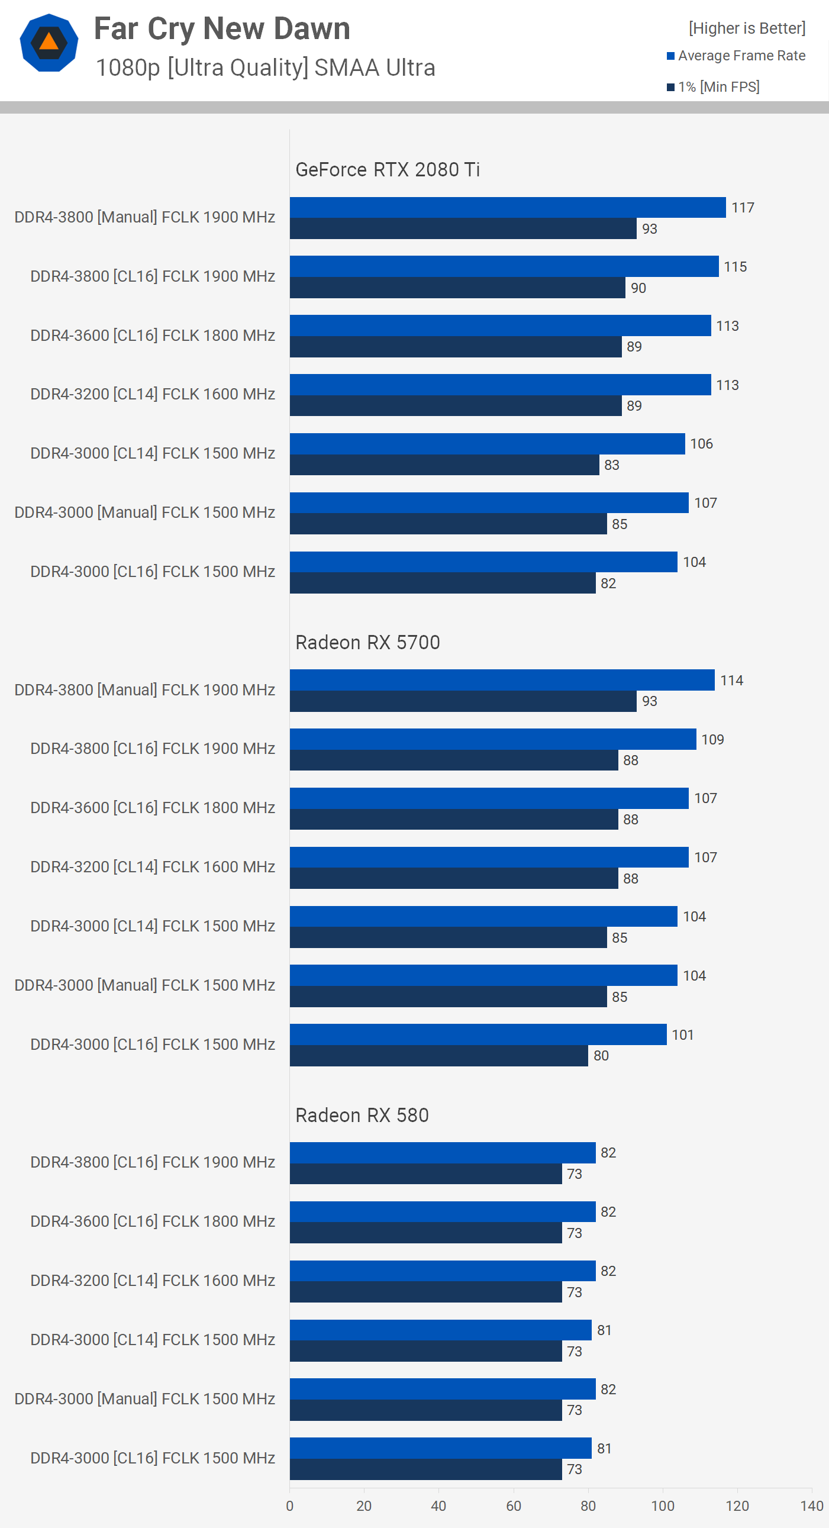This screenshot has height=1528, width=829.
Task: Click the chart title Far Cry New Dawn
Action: click(222, 28)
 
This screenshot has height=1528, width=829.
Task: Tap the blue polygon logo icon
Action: click(49, 43)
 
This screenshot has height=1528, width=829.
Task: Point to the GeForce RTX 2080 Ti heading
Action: click(387, 170)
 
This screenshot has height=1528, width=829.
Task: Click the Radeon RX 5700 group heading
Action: click(367, 643)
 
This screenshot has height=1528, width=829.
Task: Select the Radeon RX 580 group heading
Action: click(362, 1115)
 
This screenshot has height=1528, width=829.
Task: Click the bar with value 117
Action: click(507, 208)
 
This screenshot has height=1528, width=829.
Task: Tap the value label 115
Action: click(735, 267)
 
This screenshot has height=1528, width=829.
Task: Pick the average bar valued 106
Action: click(487, 444)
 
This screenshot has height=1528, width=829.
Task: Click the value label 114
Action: click(731, 681)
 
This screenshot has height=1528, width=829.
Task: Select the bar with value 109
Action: click(492, 739)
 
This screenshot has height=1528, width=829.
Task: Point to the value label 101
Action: click(682, 1035)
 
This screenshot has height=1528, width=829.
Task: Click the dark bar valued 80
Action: click(438, 1056)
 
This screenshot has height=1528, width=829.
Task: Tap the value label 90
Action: click(638, 288)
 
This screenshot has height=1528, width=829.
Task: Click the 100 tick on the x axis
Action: click(662, 1506)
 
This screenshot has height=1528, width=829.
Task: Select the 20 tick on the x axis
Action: click(363, 1506)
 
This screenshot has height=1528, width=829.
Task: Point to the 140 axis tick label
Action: click(811, 1506)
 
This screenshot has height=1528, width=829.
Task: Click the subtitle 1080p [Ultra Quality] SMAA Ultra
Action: click(265, 67)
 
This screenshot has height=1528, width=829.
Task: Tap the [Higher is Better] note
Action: click(747, 28)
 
